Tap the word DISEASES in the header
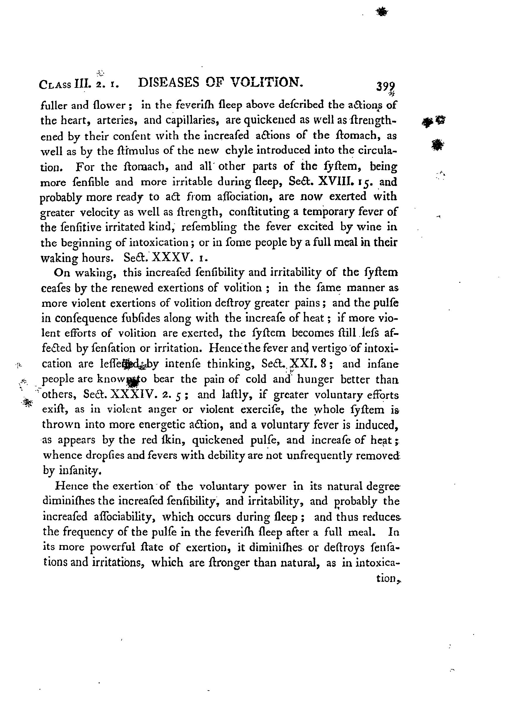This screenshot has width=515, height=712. click(x=169, y=83)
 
